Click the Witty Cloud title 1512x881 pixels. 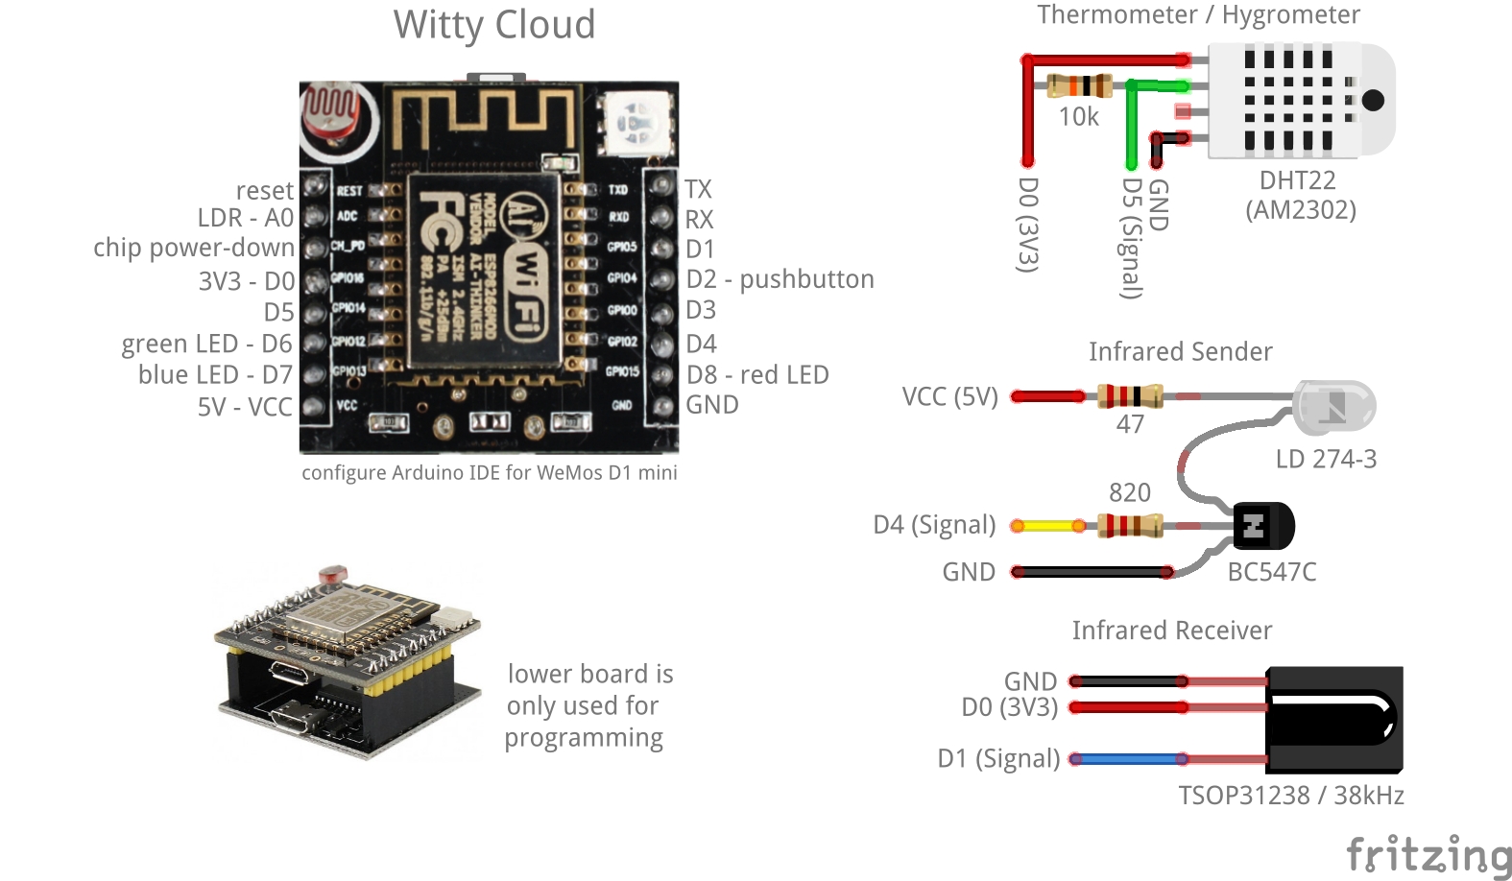pyautogui.click(x=494, y=25)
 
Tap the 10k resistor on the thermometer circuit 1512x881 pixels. pyautogui.click(x=1080, y=85)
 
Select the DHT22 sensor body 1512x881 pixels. pyautogui.click(x=1296, y=100)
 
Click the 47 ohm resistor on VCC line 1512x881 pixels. pyautogui.click(x=1130, y=395)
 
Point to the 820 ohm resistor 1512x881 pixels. pyautogui.click(x=1130, y=525)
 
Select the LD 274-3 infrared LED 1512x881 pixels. pyautogui.click(x=1333, y=407)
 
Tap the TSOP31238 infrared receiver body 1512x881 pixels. pyautogui.click(x=1333, y=720)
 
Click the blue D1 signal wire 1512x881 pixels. pyautogui.click(x=1129, y=759)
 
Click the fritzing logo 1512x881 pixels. pyautogui.click(x=1428, y=854)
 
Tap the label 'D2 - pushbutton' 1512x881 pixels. pyautogui.click(x=780, y=279)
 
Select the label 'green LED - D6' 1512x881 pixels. pyautogui.click(x=206, y=344)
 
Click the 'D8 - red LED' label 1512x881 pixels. pyautogui.click(x=757, y=374)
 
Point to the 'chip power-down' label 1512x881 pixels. pyautogui.click(x=194, y=248)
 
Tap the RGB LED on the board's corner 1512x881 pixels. pyautogui.click(x=636, y=123)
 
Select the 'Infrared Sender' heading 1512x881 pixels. pyautogui.click(x=1180, y=352)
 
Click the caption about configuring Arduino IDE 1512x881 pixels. pyautogui.click(x=490, y=472)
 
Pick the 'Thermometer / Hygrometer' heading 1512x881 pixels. pyautogui.click(x=1198, y=14)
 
